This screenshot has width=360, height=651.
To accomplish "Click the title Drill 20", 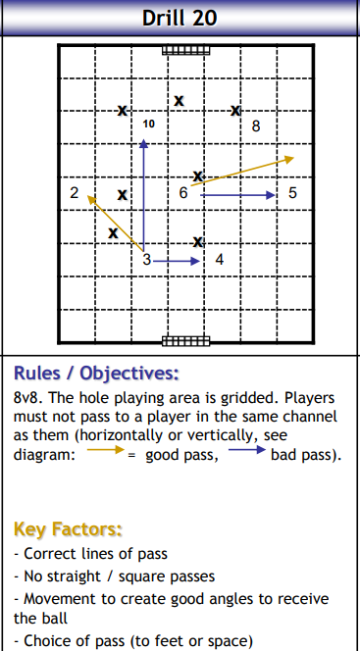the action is click(x=179, y=18).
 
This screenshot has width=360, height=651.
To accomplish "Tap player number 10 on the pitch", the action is click(x=148, y=125).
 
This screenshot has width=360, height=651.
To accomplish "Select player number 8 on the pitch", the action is click(x=256, y=125).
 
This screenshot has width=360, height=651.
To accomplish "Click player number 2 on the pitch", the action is click(x=75, y=193).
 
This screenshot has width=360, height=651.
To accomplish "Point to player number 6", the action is click(x=183, y=193).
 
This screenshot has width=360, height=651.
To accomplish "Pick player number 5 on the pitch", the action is click(x=293, y=193).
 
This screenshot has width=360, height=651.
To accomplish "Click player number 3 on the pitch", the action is click(x=146, y=260).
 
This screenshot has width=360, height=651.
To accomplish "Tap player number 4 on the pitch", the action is click(x=219, y=260).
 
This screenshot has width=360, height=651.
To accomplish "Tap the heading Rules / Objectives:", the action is click(x=96, y=374).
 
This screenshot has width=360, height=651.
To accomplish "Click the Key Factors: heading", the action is click(x=68, y=529).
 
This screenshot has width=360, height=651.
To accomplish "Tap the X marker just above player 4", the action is click(x=198, y=241).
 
